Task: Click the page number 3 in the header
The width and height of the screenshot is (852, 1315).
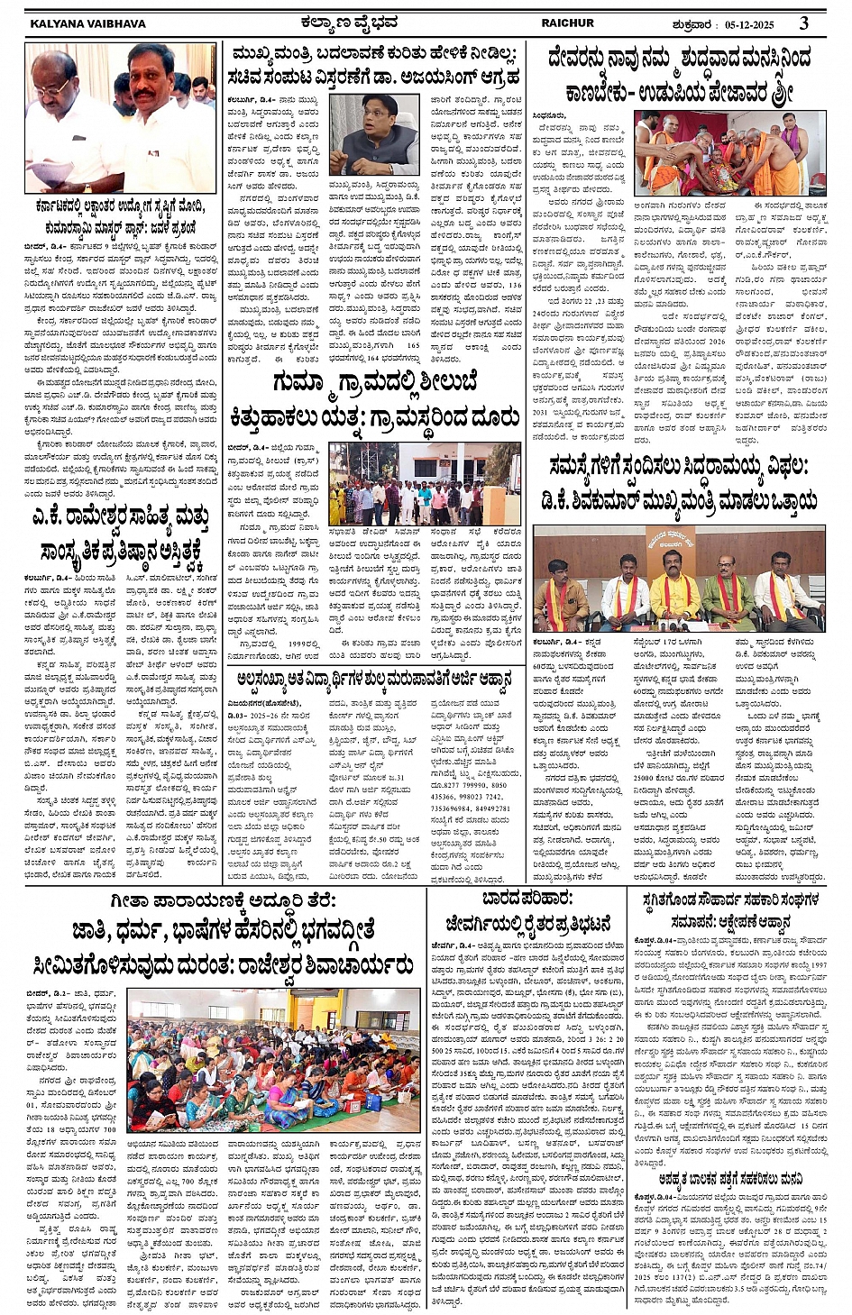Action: click(803, 22)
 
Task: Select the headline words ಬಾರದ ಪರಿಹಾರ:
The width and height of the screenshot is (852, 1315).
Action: click(526, 899)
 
